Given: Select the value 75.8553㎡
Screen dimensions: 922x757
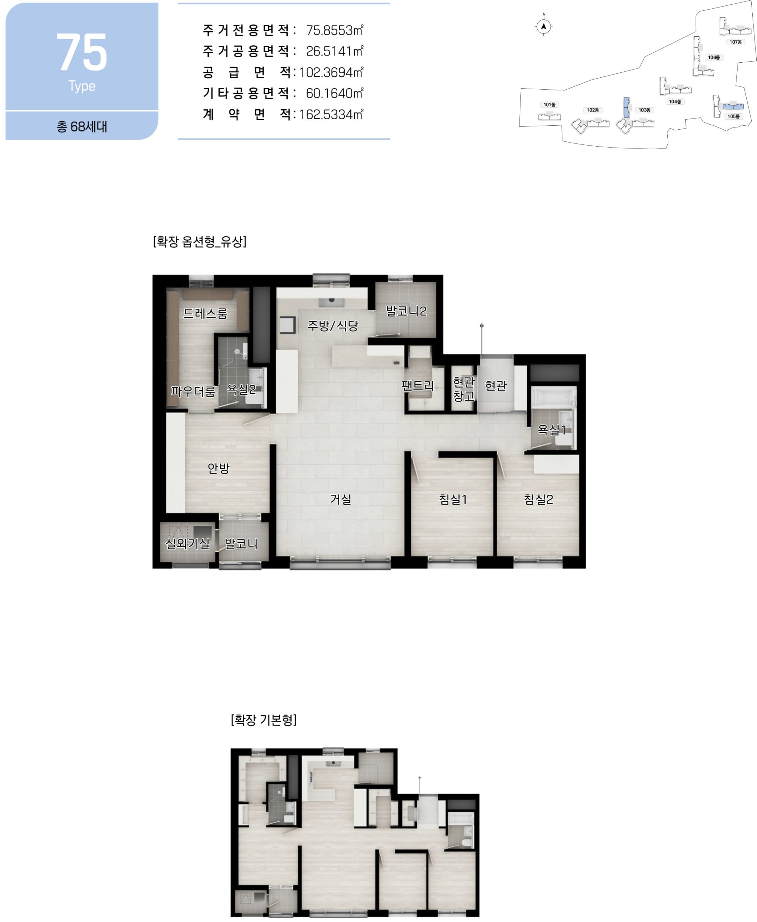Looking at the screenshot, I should (x=335, y=30).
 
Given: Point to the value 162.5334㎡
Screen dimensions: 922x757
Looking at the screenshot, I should (x=331, y=114).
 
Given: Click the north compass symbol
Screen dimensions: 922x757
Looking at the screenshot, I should (x=543, y=27).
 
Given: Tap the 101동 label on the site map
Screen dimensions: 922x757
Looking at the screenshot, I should (x=550, y=105).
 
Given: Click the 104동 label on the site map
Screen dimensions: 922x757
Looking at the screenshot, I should (x=675, y=102).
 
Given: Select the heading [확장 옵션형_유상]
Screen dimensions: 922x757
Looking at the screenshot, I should (x=200, y=241).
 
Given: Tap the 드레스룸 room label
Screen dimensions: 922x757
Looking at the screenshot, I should (x=205, y=313).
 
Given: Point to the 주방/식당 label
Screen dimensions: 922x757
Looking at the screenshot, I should (x=333, y=325).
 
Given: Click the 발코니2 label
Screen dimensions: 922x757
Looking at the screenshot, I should (x=406, y=311).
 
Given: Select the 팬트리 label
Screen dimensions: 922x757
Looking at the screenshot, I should (x=417, y=386).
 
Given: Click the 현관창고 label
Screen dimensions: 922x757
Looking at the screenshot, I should (x=463, y=389).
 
